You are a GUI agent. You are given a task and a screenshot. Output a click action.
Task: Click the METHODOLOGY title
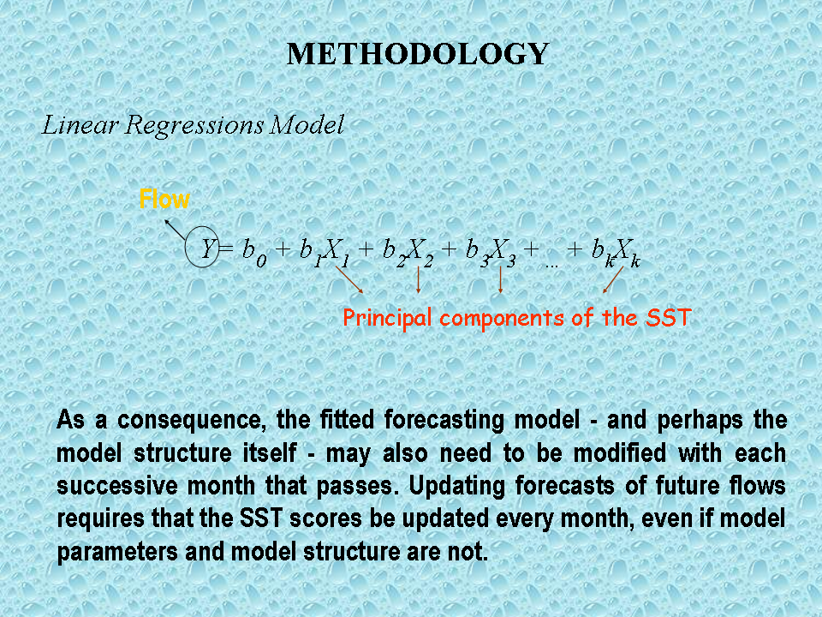coord(418,54)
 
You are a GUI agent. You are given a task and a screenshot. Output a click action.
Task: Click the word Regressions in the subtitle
coord(194,126)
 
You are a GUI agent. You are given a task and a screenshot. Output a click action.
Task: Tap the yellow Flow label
coord(164,200)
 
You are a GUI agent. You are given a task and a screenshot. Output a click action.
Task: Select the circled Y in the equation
coord(202,247)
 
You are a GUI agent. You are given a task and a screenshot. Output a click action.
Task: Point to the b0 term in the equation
coord(254,252)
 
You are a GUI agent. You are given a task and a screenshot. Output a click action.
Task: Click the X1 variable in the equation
coord(336,252)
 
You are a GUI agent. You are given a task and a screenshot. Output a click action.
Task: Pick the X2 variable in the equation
coord(420,252)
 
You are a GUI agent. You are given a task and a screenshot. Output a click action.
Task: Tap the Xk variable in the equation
coord(627,252)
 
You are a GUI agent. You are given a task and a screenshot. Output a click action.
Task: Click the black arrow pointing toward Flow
coord(175,230)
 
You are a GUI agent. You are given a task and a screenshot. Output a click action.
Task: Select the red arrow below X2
coord(418,279)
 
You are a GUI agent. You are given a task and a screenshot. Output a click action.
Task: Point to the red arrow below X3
coord(501,279)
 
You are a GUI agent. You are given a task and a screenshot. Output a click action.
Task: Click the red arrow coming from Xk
coord(613,279)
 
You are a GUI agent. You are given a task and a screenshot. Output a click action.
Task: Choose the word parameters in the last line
coord(117,553)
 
